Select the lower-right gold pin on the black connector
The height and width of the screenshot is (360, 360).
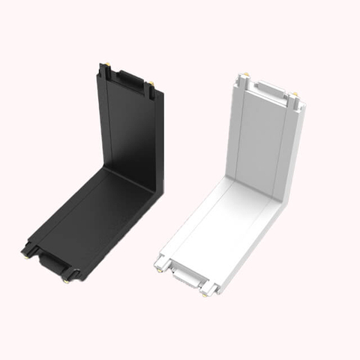click(x=67, y=281)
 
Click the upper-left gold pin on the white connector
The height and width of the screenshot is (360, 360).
click(x=244, y=77)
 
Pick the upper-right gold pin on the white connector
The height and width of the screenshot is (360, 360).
click(x=294, y=96)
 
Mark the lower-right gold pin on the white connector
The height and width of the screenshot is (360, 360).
click(x=203, y=292)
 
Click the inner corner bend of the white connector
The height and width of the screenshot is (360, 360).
click(x=255, y=191)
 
